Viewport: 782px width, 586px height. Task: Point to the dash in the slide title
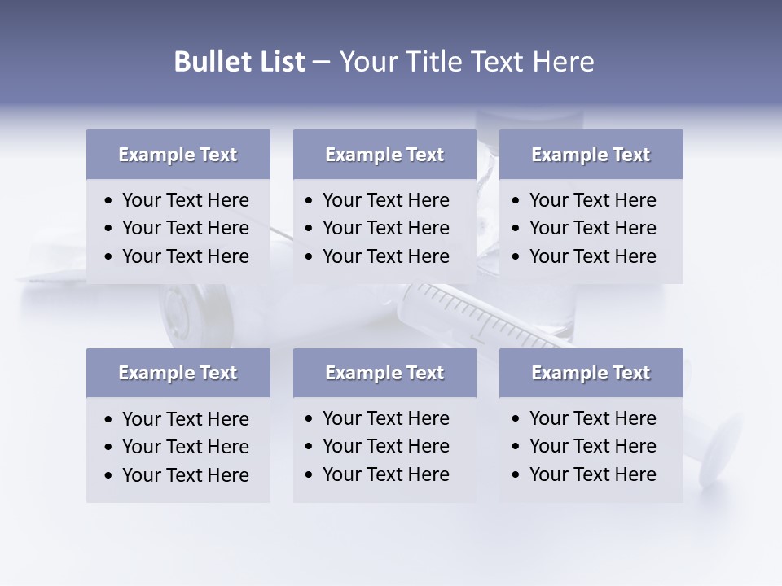tap(321, 63)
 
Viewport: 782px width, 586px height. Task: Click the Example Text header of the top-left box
tap(178, 155)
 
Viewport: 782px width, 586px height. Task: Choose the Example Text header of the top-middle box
tap(384, 155)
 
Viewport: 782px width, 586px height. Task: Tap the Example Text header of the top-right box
tap(591, 155)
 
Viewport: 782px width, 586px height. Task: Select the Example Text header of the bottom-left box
tap(178, 373)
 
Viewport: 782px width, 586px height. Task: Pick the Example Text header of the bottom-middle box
tap(384, 373)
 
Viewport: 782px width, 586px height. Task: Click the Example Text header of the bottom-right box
tap(591, 373)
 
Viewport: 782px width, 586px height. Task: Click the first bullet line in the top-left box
tap(186, 200)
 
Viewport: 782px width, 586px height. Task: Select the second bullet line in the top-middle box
tap(386, 228)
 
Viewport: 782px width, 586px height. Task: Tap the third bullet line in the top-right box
tap(593, 256)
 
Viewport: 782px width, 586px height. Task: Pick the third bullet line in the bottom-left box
tap(186, 474)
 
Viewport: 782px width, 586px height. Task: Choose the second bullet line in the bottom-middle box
tap(386, 446)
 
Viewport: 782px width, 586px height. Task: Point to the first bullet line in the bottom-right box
tap(593, 418)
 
